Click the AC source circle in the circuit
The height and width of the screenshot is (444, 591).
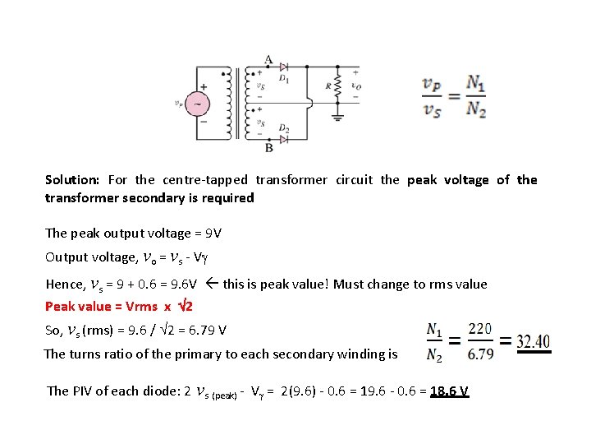click(x=198, y=104)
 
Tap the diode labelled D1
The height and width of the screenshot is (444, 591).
click(x=283, y=67)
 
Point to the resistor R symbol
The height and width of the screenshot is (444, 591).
click(x=337, y=89)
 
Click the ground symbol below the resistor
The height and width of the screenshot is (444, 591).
click(x=337, y=116)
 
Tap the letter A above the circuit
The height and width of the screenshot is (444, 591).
click(x=269, y=59)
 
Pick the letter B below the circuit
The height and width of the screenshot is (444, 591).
click(x=269, y=148)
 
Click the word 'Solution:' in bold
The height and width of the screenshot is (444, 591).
click(x=72, y=179)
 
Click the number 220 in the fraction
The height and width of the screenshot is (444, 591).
click(x=480, y=329)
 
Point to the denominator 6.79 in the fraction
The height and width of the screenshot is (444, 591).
click(x=480, y=354)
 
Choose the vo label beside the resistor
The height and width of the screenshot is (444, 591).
click(x=355, y=85)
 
